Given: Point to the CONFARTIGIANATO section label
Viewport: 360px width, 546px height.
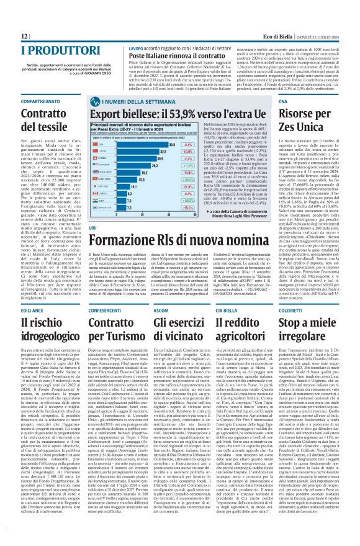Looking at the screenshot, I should click(28, 101).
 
